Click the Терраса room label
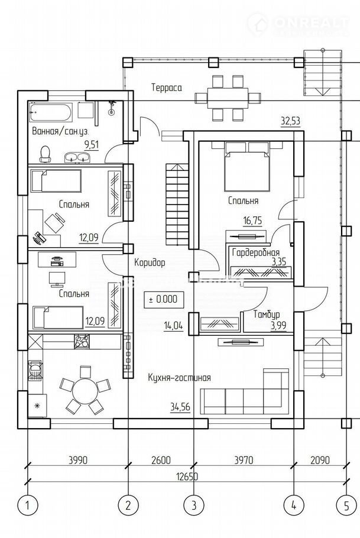pos(166,87)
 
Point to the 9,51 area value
pos(92,144)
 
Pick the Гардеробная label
pos(256,253)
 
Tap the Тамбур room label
pos(266,315)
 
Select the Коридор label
pos(150,262)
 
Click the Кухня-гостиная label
pos(179,377)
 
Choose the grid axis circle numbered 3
pos(193,505)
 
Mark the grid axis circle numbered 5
pos(345,505)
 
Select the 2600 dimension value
pos(160,459)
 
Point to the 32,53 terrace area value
pos(290,121)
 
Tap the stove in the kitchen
pos(81,341)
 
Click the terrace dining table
pos(228,97)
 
